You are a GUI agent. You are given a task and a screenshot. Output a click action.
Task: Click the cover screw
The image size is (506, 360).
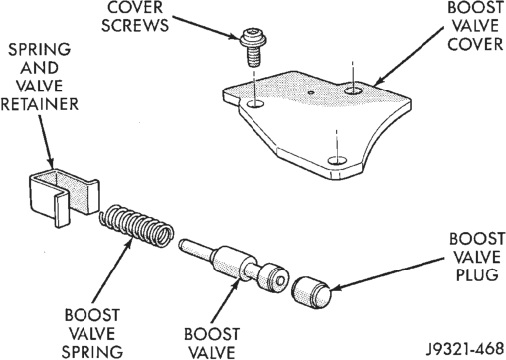coord(252,48)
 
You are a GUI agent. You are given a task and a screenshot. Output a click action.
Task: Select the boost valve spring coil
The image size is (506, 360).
coord(136,226)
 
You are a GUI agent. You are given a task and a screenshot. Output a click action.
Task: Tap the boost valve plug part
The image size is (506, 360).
coord(311,293)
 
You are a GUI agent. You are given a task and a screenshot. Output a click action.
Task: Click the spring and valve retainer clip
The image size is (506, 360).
coord(63,196)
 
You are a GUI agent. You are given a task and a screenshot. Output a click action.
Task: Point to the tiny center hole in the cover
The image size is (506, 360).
coord(310,93)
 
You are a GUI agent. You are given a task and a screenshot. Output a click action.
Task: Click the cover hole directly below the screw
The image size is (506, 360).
coord(255,104)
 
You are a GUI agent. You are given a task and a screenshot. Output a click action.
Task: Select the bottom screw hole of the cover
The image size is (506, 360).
coord(337,161)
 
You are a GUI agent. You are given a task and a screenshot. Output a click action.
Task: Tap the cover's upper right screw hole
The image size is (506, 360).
coord(353,90)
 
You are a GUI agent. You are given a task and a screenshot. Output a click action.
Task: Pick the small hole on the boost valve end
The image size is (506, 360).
coord(280,281)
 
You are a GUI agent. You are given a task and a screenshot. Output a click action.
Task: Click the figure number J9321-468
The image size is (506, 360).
coord(464,349)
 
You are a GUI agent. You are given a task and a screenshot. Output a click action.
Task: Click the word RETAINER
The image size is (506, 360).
coord(39,104)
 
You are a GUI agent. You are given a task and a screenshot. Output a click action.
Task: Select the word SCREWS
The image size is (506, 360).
coord(135,25)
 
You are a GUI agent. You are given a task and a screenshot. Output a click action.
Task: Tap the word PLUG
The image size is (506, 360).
coord(477,274)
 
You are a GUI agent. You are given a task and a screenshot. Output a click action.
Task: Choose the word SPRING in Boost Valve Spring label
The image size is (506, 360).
coord(92,352)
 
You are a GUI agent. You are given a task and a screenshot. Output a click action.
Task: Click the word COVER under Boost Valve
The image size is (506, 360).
coord(475,44)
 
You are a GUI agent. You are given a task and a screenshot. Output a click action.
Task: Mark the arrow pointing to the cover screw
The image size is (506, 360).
coord(206,27)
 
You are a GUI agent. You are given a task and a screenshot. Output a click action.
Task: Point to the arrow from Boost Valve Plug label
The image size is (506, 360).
coord(388,273)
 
